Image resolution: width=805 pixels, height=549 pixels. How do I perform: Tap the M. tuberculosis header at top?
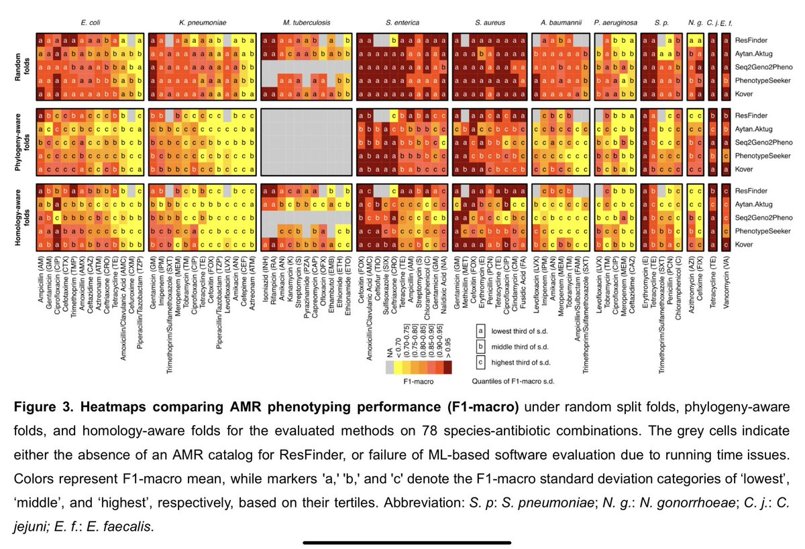pyautogui.click(x=305, y=23)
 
